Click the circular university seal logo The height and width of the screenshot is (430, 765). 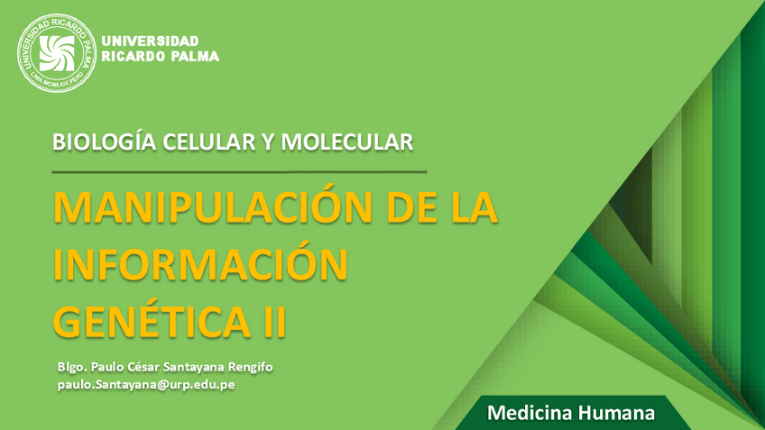(x=56, y=50)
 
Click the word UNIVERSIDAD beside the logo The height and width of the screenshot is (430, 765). (x=151, y=41)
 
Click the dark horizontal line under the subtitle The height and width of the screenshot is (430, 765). (x=239, y=170)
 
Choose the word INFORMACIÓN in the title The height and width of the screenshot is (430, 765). (x=200, y=264)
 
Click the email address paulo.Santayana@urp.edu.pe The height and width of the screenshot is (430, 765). (x=145, y=384)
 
